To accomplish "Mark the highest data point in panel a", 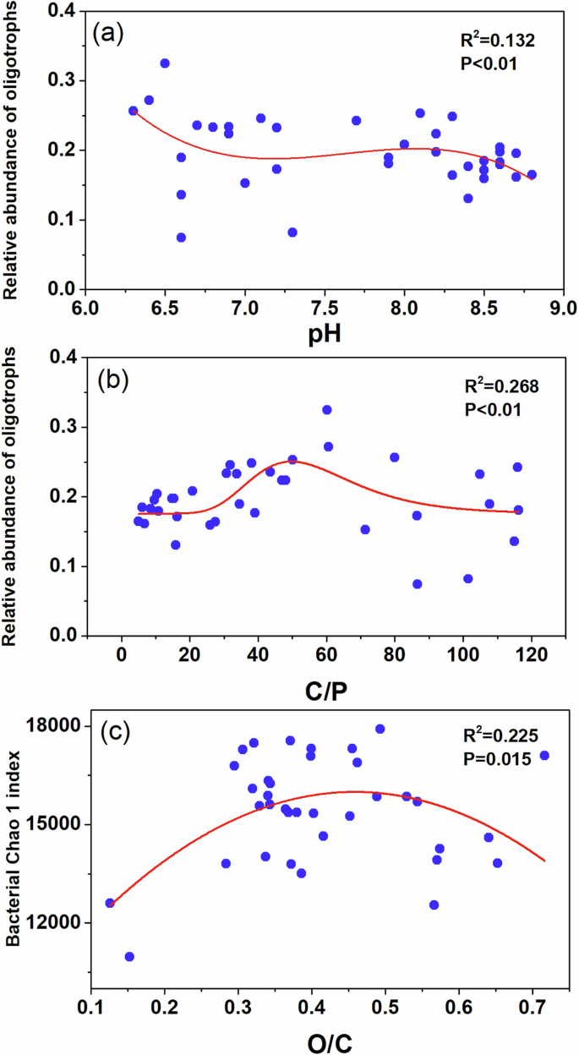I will coord(165,63).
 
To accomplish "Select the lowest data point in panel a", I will coord(181,238).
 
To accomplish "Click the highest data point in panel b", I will coord(327,410).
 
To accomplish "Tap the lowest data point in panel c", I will coord(129,956).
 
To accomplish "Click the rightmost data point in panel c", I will coord(544,755).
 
